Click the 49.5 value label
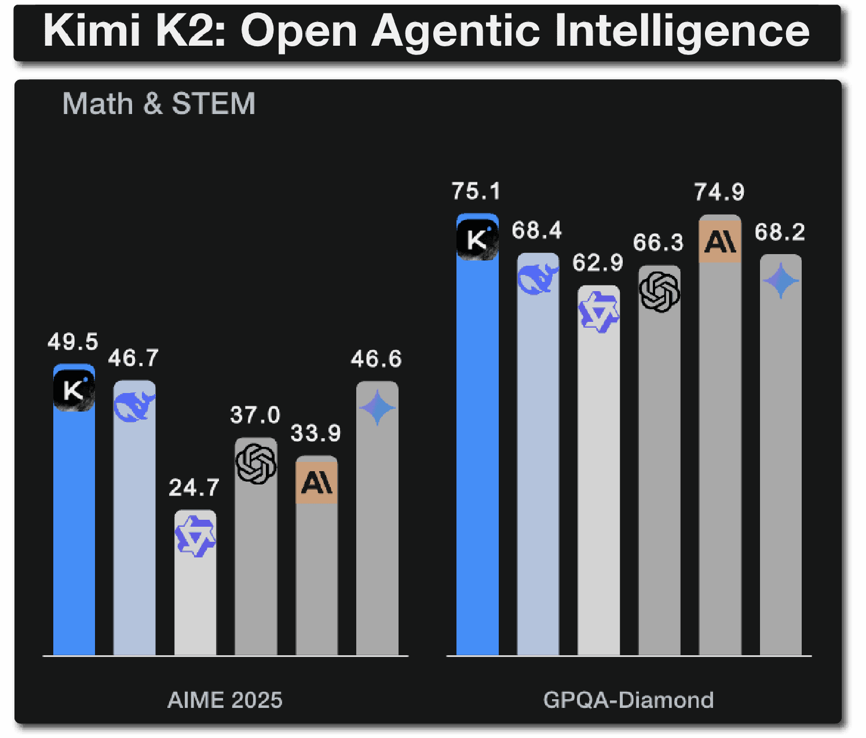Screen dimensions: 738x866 73,342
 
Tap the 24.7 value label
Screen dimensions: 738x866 194,488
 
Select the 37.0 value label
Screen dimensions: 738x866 255,415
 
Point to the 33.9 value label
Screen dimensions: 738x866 316,433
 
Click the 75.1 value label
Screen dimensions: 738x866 476,192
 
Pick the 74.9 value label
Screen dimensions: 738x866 719,192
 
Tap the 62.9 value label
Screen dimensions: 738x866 598,263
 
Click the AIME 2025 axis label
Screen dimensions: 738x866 225,700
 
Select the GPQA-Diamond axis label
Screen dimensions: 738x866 629,700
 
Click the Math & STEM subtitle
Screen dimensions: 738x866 159,104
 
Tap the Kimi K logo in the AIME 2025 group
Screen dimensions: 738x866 74,391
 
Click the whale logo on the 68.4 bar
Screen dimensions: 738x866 538,278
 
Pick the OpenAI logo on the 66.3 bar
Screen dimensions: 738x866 660,292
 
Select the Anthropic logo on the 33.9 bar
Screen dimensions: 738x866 317,482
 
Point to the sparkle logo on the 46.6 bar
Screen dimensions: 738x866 377,408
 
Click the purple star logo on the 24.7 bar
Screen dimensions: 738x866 195,537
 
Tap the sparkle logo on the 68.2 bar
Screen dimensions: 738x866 781,281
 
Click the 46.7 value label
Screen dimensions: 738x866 133,358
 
